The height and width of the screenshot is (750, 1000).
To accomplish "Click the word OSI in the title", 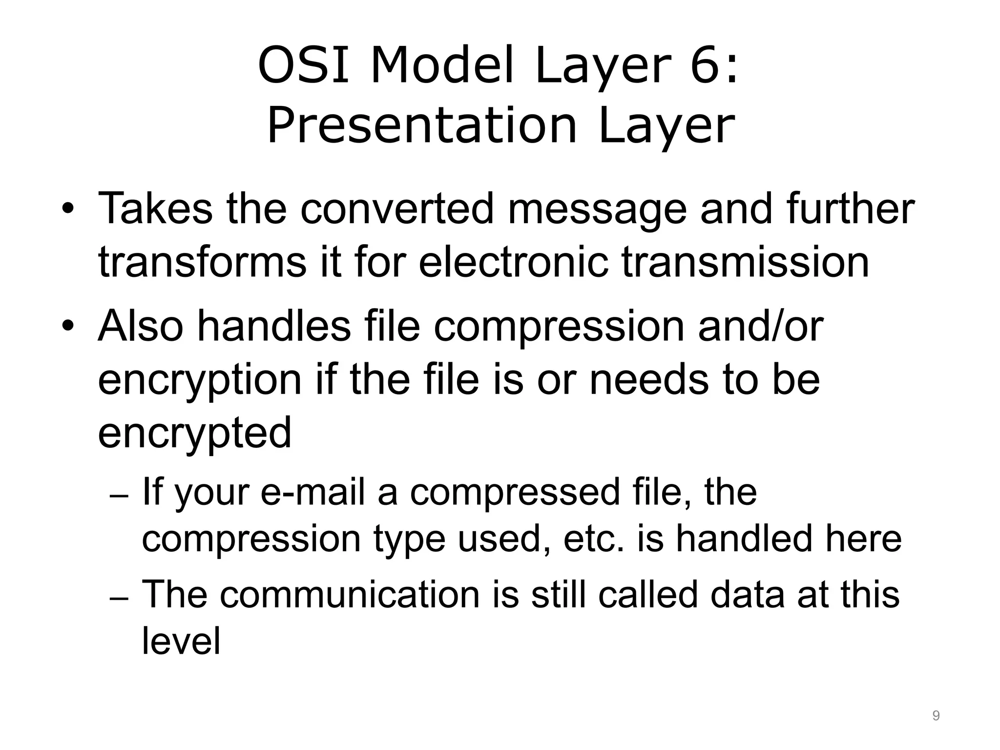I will click(x=303, y=67).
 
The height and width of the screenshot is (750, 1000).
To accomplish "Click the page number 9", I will click(x=936, y=716).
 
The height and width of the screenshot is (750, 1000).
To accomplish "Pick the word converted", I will click(x=397, y=209).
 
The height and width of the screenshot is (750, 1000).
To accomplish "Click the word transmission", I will click(x=745, y=262).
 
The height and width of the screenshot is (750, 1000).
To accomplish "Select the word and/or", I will click(x=760, y=326).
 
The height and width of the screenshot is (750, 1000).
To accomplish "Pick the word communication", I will click(x=350, y=595).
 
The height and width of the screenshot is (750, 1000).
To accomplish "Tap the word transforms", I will click(x=202, y=262).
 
